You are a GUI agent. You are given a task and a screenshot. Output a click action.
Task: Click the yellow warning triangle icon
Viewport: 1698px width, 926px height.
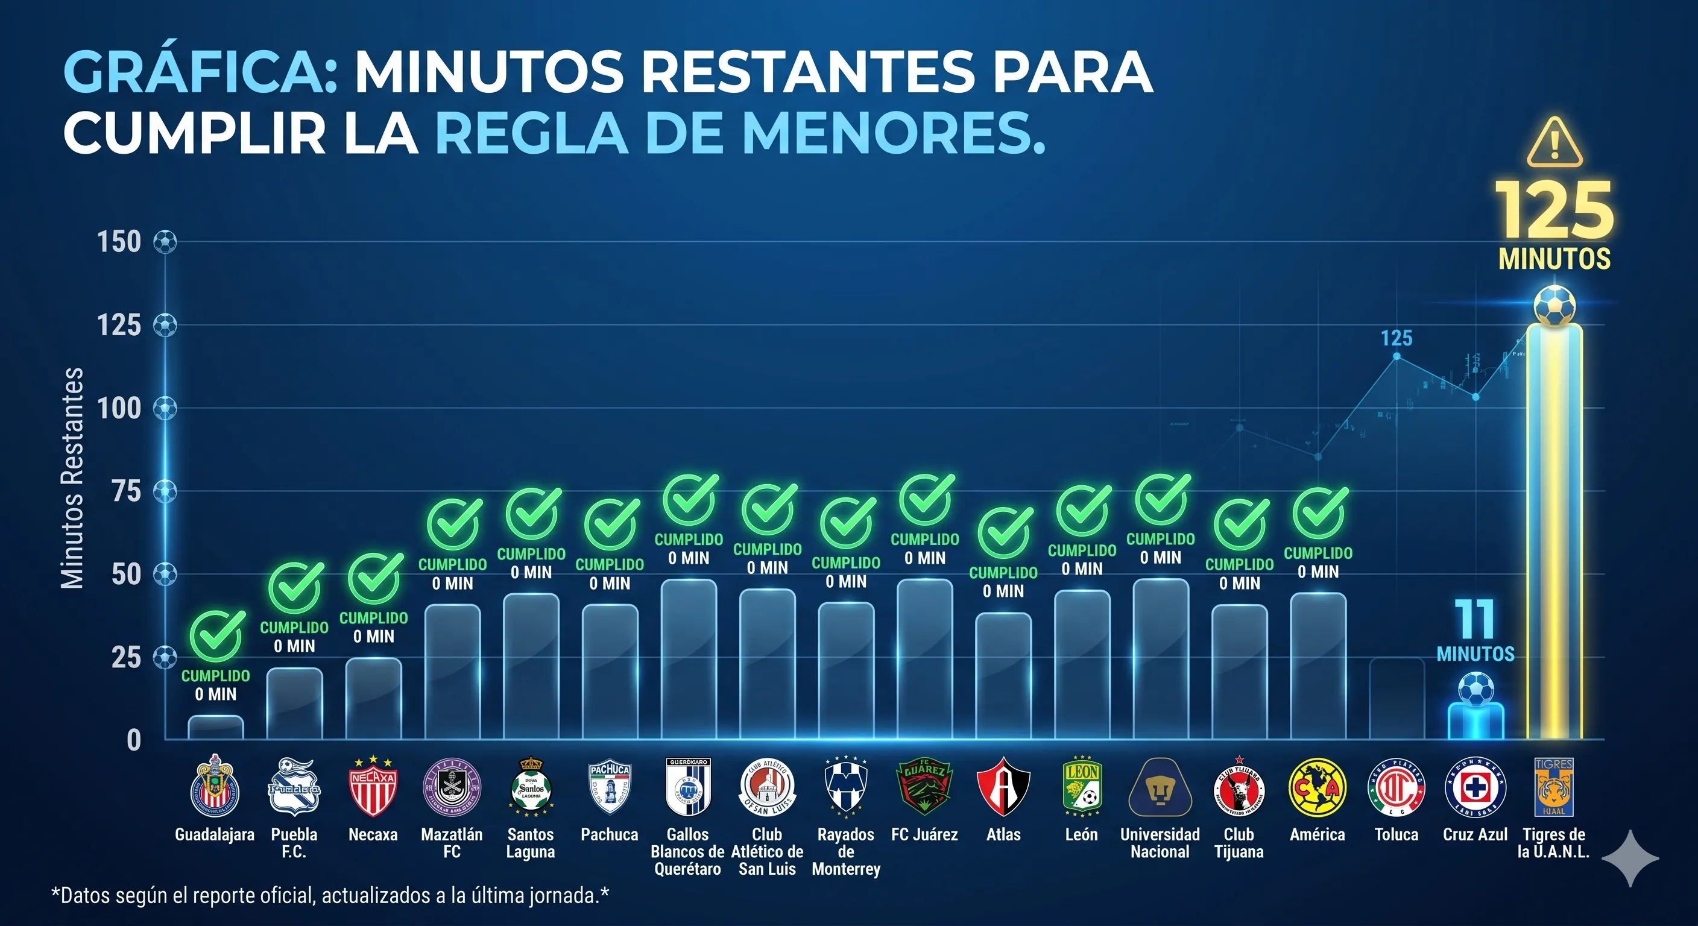(x=1554, y=143)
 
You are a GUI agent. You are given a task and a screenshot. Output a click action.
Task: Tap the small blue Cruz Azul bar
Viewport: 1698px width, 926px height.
(x=1475, y=721)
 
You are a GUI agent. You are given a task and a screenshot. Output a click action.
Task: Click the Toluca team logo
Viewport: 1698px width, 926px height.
(x=1396, y=787)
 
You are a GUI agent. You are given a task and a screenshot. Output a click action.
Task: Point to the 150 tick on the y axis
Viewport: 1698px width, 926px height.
(x=119, y=242)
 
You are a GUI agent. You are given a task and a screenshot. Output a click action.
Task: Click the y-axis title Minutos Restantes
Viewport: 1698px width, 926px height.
(x=72, y=477)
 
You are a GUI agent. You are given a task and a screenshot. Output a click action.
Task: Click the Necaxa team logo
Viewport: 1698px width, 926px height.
(x=373, y=787)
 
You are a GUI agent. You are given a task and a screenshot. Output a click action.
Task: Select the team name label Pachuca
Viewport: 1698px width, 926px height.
(x=609, y=834)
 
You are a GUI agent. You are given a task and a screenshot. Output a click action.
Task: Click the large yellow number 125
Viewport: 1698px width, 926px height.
(x=1554, y=211)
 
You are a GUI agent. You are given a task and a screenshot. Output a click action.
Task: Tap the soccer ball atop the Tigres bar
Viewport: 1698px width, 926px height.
(x=1554, y=305)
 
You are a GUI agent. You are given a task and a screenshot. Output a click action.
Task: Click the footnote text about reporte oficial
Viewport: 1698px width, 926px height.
(x=330, y=896)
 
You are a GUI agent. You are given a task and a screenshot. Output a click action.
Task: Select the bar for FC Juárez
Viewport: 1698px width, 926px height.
(x=924, y=659)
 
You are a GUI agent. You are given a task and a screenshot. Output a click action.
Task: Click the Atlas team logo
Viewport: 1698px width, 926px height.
(x=1003, y=787)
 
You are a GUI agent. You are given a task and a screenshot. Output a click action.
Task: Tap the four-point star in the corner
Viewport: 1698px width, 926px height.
(x=1629, y=858)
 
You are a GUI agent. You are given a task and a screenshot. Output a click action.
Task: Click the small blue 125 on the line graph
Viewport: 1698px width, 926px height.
(x=1396, y=339)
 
